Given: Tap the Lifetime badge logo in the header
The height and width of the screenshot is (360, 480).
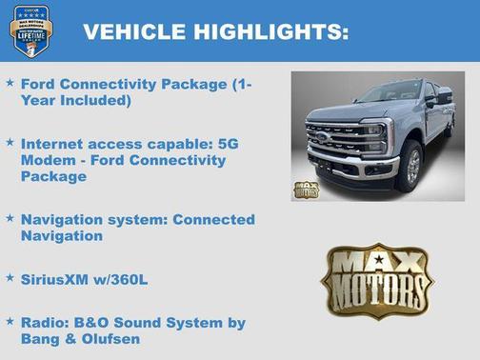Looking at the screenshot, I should (30, 30).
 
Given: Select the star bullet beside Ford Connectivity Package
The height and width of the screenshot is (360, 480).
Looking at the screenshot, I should (10, 84).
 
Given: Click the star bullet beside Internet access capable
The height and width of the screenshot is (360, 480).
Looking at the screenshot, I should (10, 142).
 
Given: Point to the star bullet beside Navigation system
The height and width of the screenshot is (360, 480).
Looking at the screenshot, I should (10, 219).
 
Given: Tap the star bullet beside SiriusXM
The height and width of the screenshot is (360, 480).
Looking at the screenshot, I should (10, 278).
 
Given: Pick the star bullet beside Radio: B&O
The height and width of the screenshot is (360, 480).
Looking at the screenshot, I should (10, 322).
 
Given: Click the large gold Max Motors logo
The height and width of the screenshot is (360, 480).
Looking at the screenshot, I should (376, 279).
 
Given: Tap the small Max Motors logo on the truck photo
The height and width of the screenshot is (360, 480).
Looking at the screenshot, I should (307, 188).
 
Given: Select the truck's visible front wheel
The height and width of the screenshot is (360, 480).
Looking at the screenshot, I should (411, 165).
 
